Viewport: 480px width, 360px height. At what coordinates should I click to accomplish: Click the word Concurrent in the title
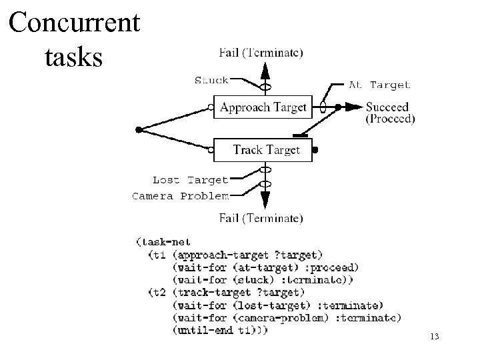[75, 23]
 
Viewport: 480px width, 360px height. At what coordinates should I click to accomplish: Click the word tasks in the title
[73, 57]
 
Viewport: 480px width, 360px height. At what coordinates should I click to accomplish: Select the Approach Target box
[263, 107]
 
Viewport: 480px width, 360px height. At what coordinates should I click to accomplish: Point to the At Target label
[380, 85]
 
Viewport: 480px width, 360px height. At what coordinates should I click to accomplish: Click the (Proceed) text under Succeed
[390, 119]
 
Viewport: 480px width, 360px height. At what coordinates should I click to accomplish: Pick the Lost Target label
[190, 179]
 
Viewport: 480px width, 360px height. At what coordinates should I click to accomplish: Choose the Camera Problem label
[181, 196]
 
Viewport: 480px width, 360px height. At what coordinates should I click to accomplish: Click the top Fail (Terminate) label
[261, 51]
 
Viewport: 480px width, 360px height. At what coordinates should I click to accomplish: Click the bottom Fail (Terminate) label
[261, 217]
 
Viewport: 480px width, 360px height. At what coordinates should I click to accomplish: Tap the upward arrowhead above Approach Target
[265, 69]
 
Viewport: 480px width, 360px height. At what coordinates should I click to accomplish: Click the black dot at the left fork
[137, 129]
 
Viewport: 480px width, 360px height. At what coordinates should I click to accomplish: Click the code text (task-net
[163, 242]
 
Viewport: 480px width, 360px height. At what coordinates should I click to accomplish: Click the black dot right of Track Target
[315, 151]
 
